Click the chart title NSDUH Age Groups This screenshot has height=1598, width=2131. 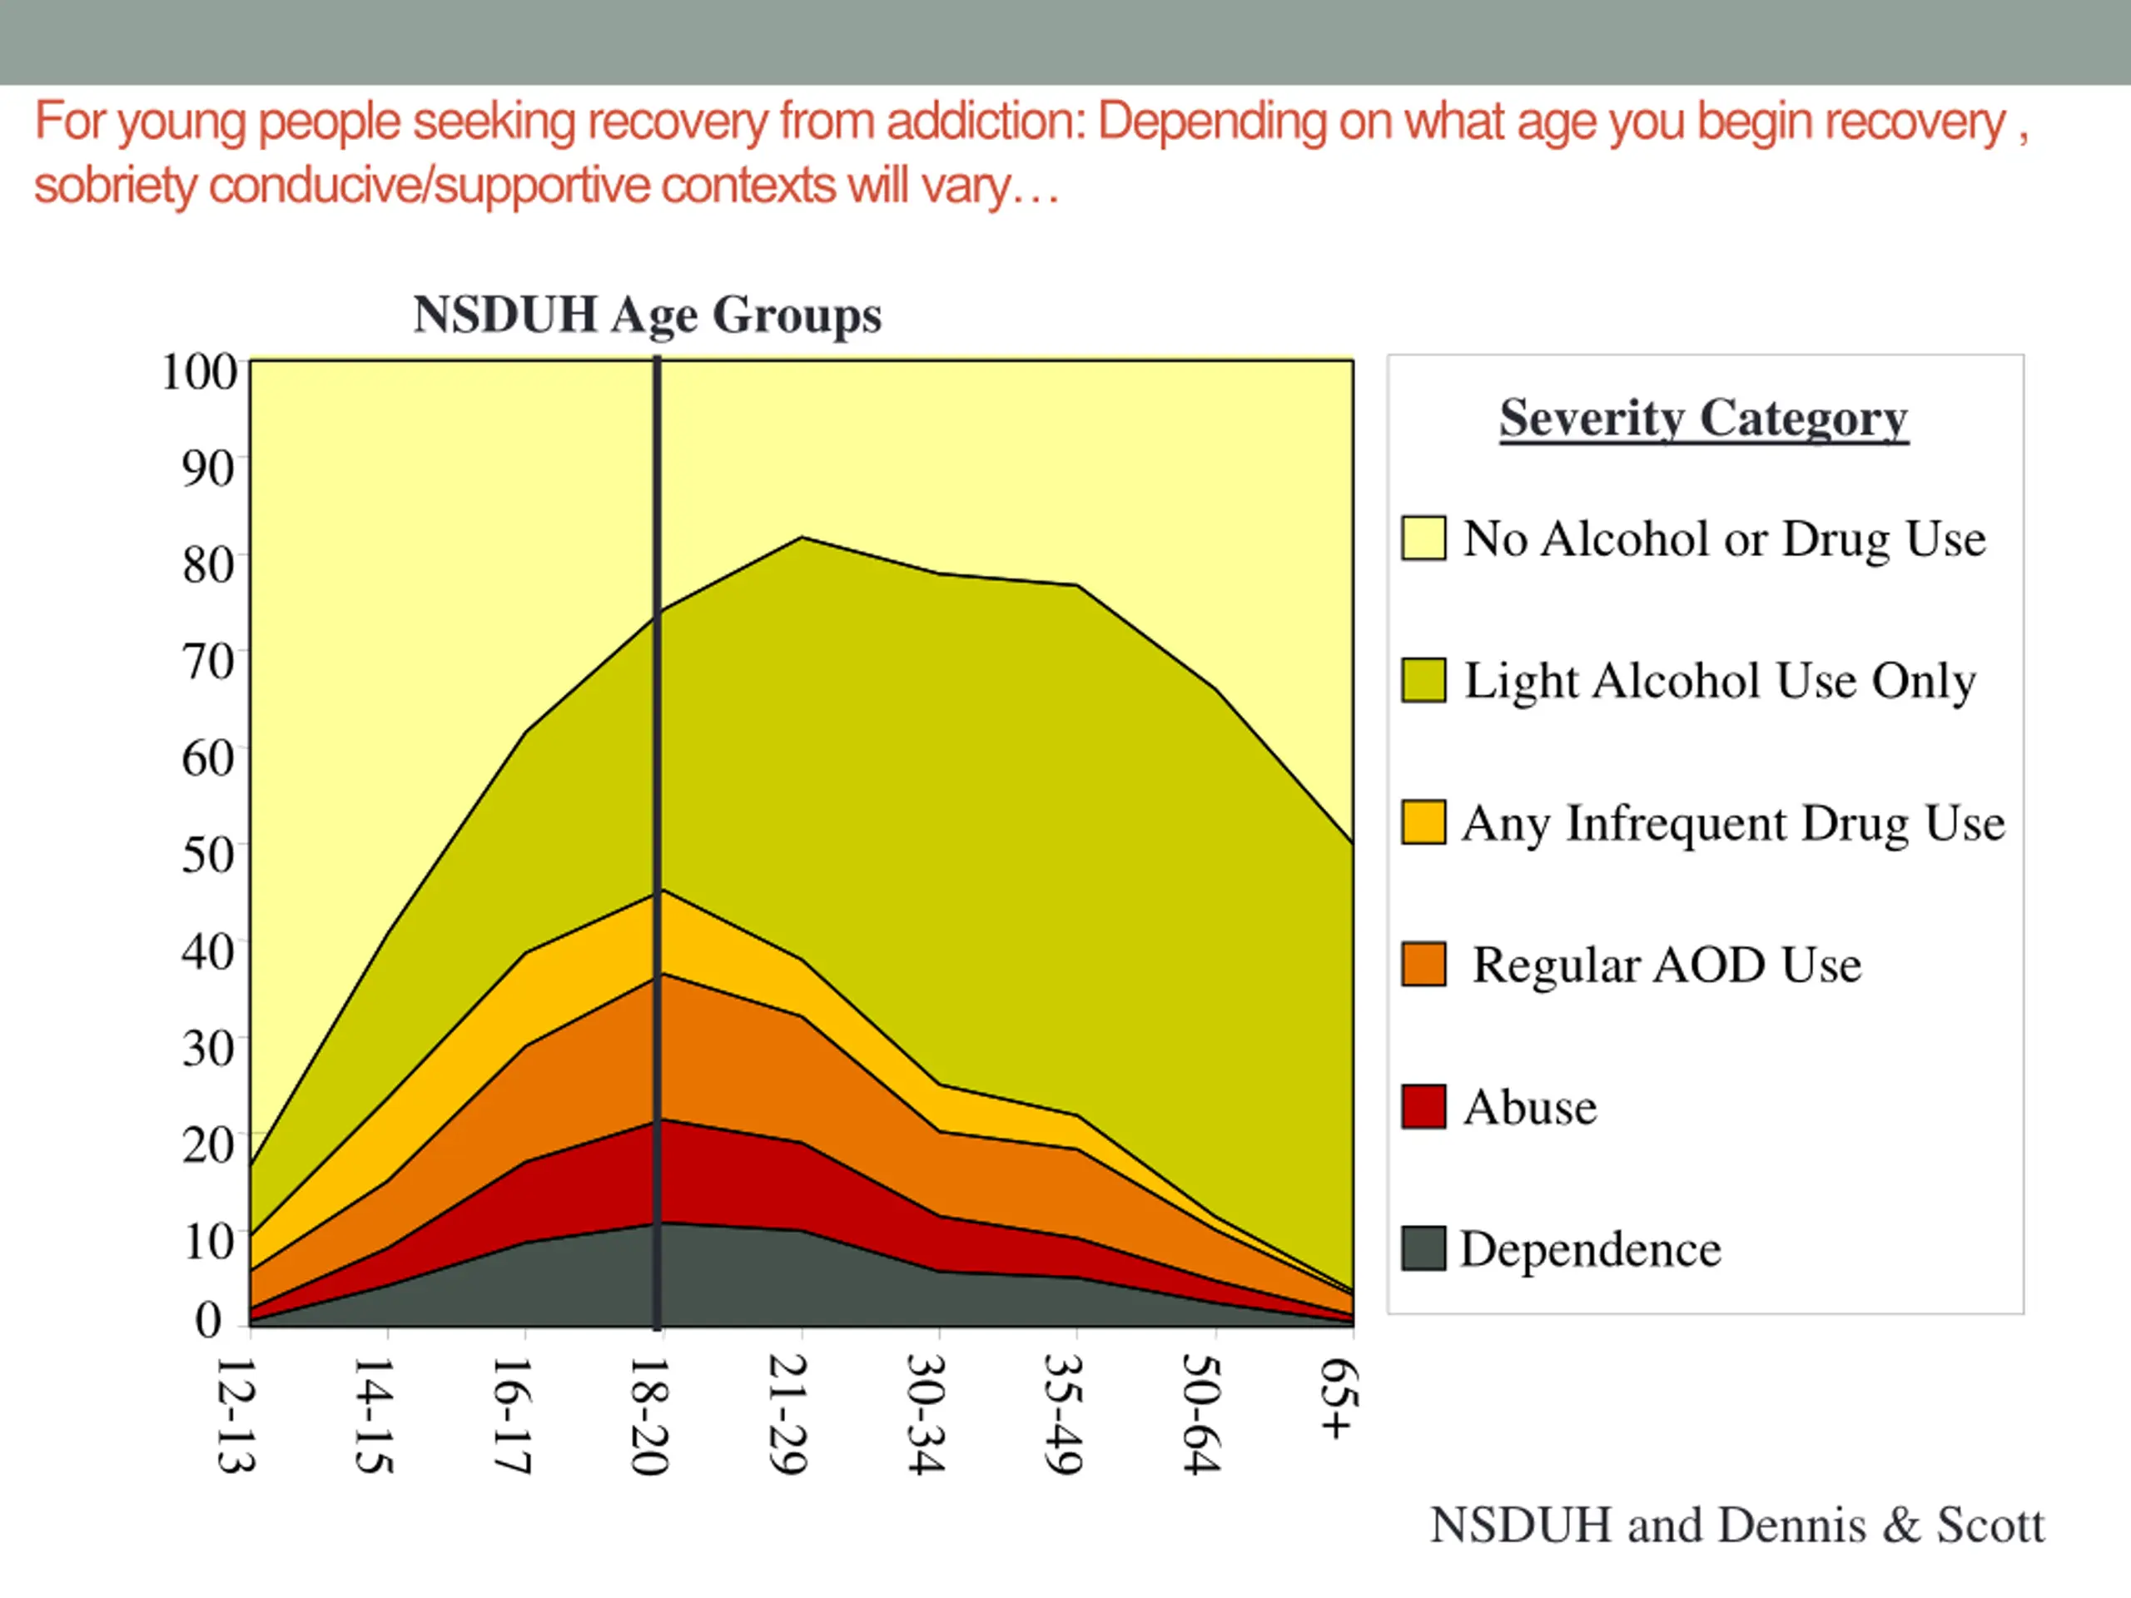pos(648,315)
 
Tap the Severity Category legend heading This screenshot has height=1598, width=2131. pos(1703,419)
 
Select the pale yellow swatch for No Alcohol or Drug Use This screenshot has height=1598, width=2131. pos(1423,538)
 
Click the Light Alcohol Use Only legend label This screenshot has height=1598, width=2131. pos(1720,681)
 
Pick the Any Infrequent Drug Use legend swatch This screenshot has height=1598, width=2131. pos(1423,822)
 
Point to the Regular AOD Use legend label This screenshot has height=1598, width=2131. pos(1667,965)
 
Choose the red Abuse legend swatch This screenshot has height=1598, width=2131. pos(1423,1106)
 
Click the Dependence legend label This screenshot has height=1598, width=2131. pos(1591,1249)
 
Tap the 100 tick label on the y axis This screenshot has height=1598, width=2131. pos(200,372)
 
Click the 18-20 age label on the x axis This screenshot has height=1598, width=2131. pos(648,1416)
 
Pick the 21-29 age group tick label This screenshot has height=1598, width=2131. pos(787,1416)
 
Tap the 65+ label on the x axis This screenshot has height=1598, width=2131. pos(1339,1398)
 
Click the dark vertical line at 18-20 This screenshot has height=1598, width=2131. pos(657,771)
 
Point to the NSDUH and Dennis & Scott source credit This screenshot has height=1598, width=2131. pos(1736,1526)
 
